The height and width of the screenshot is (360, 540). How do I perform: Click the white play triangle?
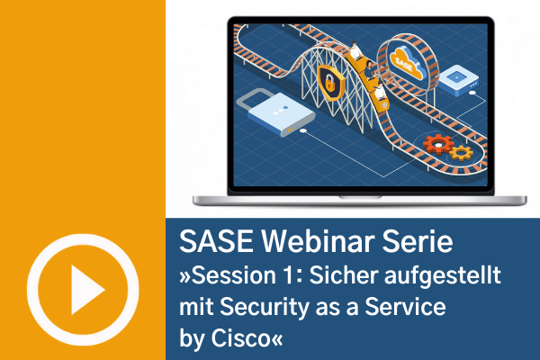[x=85, y=290]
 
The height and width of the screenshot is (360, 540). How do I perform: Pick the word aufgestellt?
[x=443, y=276]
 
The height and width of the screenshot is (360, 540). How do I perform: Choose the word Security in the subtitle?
[x=265, y=308]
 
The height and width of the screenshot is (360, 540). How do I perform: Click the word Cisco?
[x=240, y=338]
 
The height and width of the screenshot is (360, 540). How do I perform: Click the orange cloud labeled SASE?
[x=407, y=63]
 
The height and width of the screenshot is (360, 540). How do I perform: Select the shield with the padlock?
[x=331, y=83]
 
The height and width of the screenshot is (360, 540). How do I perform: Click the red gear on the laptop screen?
[x=438, y=145]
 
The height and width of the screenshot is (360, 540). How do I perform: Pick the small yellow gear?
[x=461, y=153]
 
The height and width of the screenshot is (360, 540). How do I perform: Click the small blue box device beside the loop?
[x=459, y=81]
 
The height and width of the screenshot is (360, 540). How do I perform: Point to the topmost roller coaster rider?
[x=355, y=50]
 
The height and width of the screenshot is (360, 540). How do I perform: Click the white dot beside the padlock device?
[x=303, y=130]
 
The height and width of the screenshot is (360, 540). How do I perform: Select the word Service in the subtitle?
[x=405, y=307]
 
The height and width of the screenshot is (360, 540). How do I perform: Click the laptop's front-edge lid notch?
[x=360, y=198]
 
